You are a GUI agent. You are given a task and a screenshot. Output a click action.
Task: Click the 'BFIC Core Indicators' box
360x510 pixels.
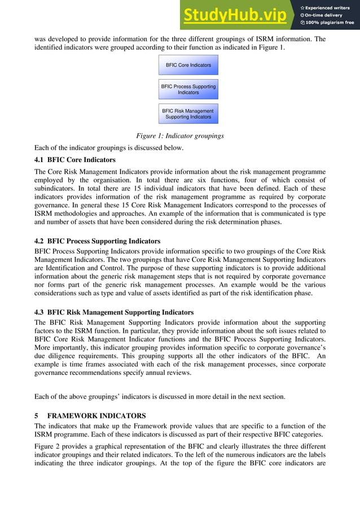[188, 65]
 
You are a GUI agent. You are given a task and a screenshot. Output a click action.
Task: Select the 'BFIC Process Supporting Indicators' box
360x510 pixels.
[188, 89]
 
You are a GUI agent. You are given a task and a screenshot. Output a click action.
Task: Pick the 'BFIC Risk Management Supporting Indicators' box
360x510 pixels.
[188, 114]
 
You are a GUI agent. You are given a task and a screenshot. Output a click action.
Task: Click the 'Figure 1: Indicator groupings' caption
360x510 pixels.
[180, 136]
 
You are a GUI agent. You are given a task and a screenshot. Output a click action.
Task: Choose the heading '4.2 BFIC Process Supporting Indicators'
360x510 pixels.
[97, 241]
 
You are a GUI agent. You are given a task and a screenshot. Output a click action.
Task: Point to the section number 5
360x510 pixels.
[37, 415]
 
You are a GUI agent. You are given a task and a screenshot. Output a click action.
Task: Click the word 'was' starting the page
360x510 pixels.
[41, 39]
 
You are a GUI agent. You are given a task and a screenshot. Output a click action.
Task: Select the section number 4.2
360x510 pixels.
[39, 241]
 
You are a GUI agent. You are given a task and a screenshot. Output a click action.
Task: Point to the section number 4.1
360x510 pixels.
[39, 160]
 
